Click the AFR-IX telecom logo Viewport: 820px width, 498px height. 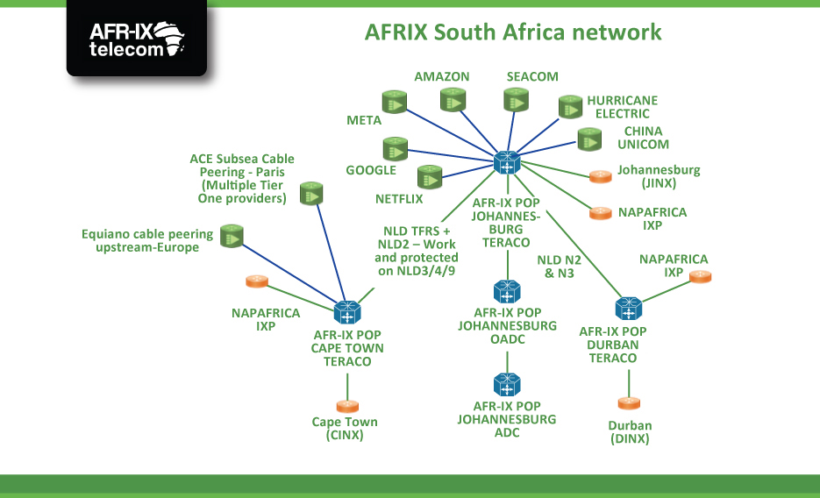[x=137, y=39]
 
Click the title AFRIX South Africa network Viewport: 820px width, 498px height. [x=513, y=33]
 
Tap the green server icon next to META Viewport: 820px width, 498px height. [x=394, y=103]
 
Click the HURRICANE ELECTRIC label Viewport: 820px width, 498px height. [x=622, y=107]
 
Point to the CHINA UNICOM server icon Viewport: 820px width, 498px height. [x=589, y=139]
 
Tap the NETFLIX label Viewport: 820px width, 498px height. [x=399, y=199]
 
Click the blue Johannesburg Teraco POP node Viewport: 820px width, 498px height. [x=507, y=161]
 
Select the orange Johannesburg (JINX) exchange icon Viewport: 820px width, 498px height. [x=600, y=176]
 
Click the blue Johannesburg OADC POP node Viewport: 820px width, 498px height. [x=507, y=291]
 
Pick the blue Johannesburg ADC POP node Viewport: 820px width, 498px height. [x=507, y=384]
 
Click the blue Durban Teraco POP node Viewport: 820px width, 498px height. [x=628, y=309]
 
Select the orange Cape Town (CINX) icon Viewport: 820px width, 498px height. [x=347, y=406]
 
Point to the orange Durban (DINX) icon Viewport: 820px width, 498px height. [x=629, y=402]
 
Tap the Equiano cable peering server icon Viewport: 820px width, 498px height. [x=232, y=235]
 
